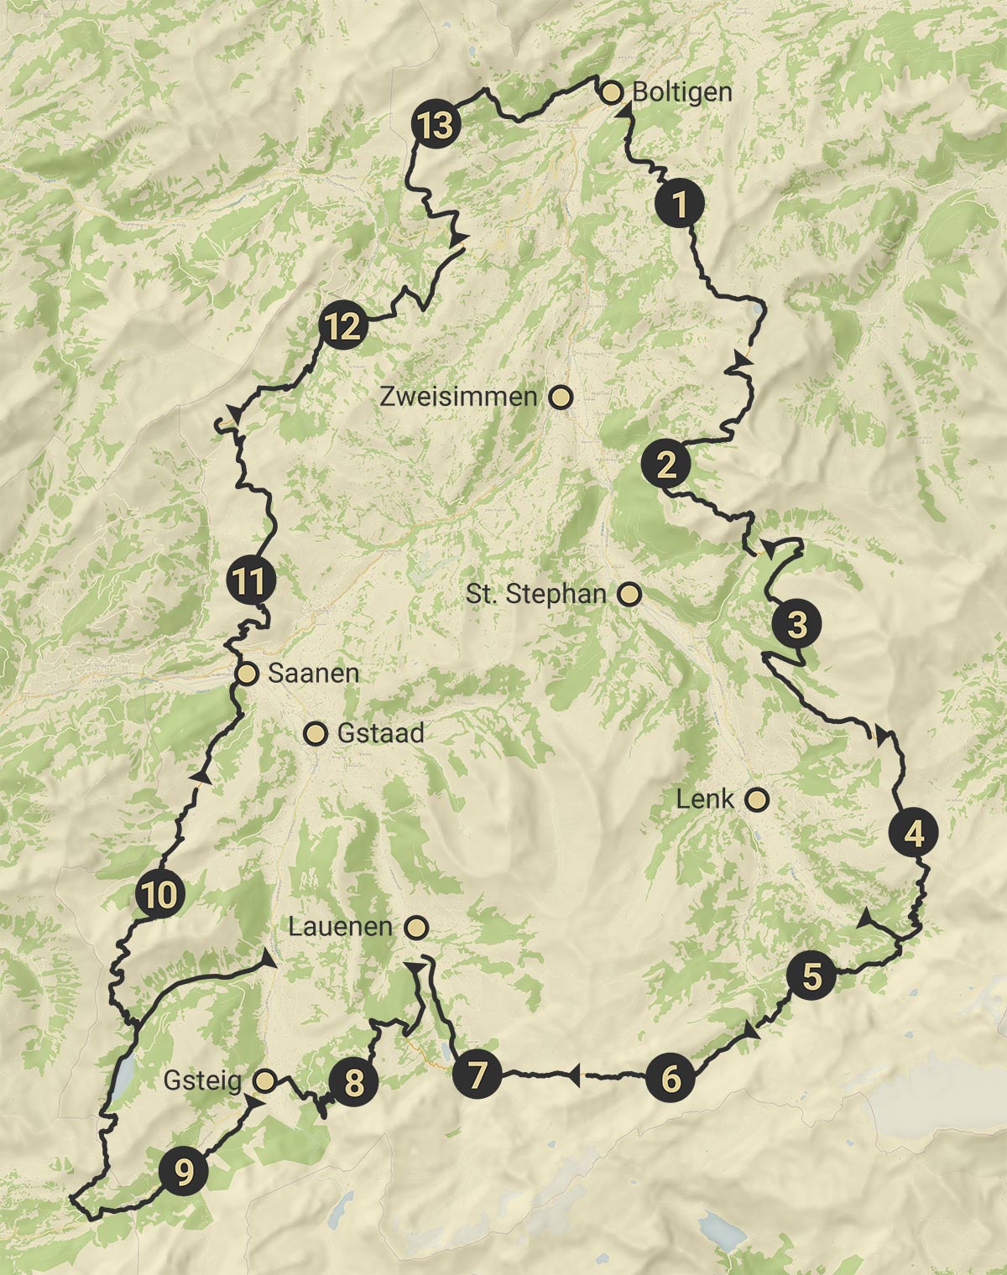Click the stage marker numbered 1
click(x=680, y=204)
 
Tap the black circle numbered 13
click(x=436, y=127)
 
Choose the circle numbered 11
click(x=250, y=580)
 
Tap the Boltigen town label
click(x=681, y=91)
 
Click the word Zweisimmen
click(x=458, y=397)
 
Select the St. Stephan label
click(x=536, y=595)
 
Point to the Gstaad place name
click(x=380, y=734)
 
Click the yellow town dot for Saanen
click(x=247, y=674)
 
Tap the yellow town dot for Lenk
click(x=758, y=799)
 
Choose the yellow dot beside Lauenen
click(x=416, y=927)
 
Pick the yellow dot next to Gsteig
click(x=265, y=1080)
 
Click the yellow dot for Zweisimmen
click(x=561, y=398)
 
